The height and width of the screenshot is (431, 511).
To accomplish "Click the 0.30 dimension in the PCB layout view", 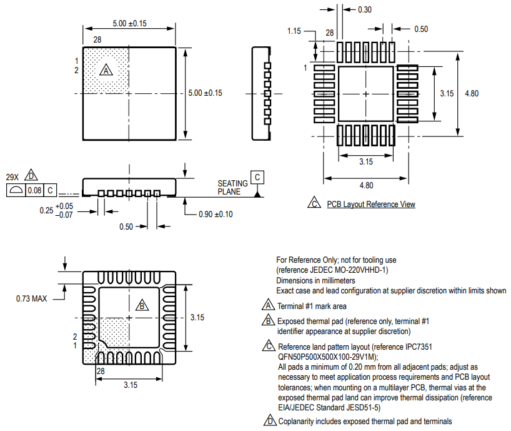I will (x=364, y=9).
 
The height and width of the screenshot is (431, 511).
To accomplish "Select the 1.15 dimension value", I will (x=294, y=31).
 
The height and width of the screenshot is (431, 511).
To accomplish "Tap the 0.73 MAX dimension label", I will (x=31, y=299).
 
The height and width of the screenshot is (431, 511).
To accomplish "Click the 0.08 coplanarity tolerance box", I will (x=34, y=190).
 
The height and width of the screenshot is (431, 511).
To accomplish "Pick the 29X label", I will (x=13, y=177).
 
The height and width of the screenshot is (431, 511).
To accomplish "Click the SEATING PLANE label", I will (x=232, y=188).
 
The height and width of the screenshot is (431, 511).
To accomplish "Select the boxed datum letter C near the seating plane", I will (x=257, y=177).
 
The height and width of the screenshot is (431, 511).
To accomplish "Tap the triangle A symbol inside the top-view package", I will (x=107, y=71).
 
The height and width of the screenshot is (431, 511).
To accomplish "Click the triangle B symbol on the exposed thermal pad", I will (x=142, y=305).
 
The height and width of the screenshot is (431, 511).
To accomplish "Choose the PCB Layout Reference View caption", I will (x=370, y=205).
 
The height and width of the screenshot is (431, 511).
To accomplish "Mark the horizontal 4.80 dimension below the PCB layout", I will (x=366, y=185).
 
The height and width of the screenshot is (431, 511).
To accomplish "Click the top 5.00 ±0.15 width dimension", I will (x=129, y=23).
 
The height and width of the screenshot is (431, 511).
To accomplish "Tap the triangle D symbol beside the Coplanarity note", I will (x=269, y=421).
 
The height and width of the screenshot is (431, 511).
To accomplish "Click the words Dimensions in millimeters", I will (x=315, y=281).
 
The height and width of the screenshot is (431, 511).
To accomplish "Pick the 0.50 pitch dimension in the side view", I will (x=126, y=226).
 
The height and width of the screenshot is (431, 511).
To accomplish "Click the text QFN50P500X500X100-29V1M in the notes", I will (x=335, y=357).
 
